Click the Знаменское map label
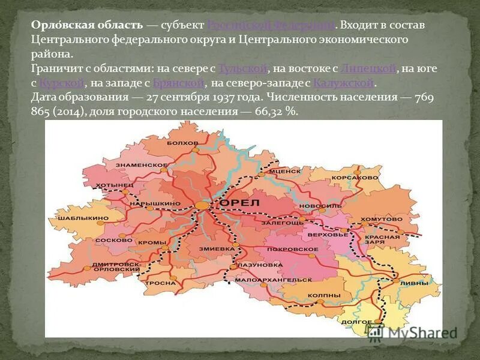pyautogui.click(x=142, y=164)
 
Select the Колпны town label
pyautogui.click(x=326, y=296)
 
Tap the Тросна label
pyautogui.click(x=161, y=283)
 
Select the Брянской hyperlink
pyautogui.click(x=179, y=83)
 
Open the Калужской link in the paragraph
pyautogui.click(x=344, y=83)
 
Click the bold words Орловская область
pyautogui.click(x=87, y=25)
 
